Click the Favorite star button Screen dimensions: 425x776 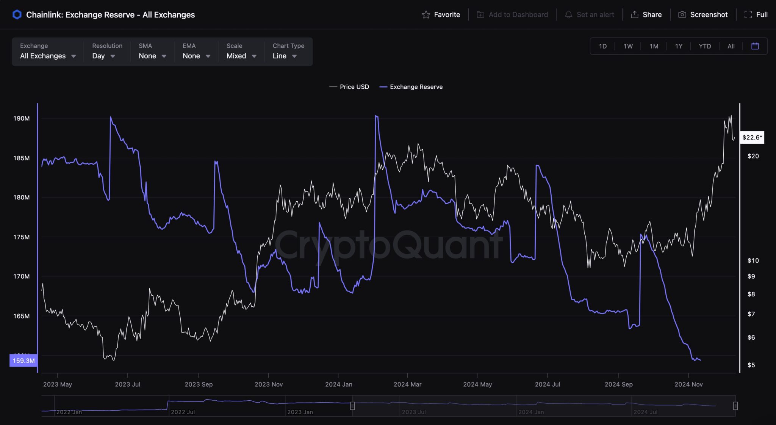point(441,14)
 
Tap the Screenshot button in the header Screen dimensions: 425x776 point(703,14)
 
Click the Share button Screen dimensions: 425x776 point(646,14)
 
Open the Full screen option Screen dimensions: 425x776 point(756,14)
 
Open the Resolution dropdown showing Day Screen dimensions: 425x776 point(103,56)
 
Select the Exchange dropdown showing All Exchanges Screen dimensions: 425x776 point(48,56)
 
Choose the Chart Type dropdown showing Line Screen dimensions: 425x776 point(285,56)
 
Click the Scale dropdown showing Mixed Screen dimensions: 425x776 point(241,56)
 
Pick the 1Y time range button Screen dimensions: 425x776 point(679,46)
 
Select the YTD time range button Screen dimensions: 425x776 point(705,46)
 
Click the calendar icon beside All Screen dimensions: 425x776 point(755,46)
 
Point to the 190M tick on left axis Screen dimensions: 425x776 point(21,118)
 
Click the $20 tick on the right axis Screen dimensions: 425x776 point(753,156)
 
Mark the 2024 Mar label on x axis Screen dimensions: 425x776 point(407,384)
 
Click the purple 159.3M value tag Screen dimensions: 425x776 point(23,361)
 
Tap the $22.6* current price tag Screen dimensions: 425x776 point(752,137)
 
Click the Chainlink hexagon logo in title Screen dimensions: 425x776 point(17,15)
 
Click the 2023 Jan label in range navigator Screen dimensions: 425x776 point(300,412)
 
